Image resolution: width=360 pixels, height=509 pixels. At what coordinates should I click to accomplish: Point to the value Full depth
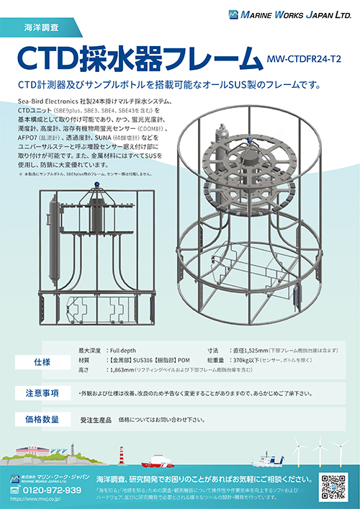click(x=124, y=349)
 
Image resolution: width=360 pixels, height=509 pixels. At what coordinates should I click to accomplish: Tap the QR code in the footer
click(x=333, y=487)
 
